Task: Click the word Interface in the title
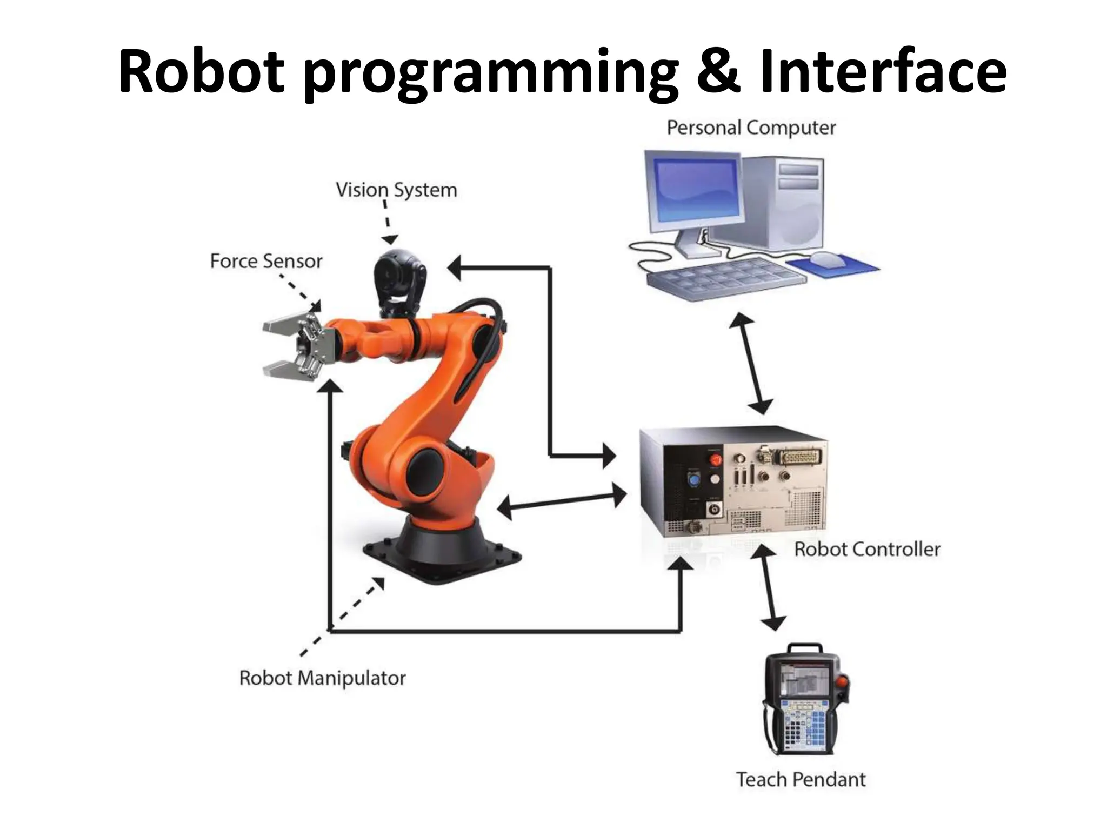click(x=882, y=71)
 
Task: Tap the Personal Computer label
click(x=751, y=128)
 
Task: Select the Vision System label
click(x=396, y=190)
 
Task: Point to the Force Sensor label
click(x=266, y=261)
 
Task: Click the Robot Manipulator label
click(x=322, y=678)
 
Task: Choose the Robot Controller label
click(x=867, y=550)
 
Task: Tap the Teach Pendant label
click(x=801, y=779)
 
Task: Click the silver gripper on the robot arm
click(x=295, y=346)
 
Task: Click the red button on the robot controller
click(x=716, y=460)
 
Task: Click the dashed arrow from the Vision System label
click(x=387, y=222)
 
